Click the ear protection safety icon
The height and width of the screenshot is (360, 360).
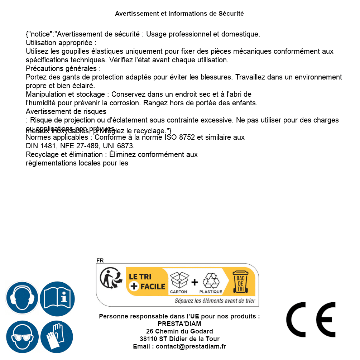[x=22, y=298]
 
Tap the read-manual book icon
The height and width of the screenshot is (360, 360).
[x=57, y=298]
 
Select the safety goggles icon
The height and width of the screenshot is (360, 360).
[x=22, y=337]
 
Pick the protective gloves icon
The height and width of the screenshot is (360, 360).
[x=57, y=337]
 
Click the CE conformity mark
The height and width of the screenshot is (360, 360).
[x=311, y=320]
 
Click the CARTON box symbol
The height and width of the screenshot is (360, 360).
[x=179, y=281]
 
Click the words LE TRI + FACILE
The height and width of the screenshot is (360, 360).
[x=147, y=282]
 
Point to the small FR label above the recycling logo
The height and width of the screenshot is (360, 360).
[x=100, y=260]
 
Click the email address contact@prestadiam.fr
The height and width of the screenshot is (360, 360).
[x=191, y=346]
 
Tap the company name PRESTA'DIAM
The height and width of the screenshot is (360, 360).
[x=179, y=324]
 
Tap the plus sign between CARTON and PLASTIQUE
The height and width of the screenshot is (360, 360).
[x=195, y=282]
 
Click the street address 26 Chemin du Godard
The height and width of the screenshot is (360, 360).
[x=179, y=331]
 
